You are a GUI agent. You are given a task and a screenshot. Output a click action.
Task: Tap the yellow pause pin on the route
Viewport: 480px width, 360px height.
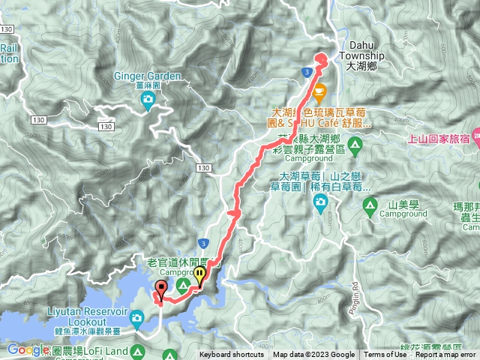199,275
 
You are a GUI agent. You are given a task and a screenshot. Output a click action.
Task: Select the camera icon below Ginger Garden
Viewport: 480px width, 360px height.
148,98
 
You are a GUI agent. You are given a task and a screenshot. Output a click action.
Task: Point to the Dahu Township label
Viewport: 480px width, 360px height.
361,60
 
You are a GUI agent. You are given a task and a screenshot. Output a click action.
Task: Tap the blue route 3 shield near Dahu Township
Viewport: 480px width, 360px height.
307,71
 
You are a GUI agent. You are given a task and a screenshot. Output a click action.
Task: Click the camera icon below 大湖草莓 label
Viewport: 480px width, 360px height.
320,200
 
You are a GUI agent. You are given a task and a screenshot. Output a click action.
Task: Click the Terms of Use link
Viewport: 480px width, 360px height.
385,355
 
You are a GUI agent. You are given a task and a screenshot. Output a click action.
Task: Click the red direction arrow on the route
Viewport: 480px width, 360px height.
235,214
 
